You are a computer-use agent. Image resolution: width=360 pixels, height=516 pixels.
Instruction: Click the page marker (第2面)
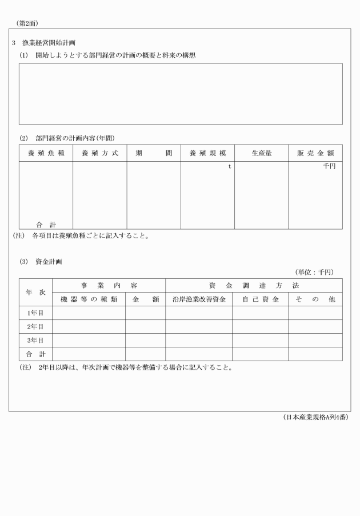click(x=27, y=23)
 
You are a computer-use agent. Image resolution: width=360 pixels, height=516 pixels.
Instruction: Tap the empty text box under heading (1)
click(x=181, y=94)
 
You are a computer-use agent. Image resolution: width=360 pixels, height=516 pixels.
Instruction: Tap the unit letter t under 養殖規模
click(x=230, y=166)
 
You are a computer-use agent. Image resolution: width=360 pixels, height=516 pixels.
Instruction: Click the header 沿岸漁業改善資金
click(x=199, y=299)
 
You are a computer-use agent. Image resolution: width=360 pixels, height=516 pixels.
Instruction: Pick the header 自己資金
click(x=260, y=299)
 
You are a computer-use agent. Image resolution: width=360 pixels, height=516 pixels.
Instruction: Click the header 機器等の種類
click(x=89, y=299)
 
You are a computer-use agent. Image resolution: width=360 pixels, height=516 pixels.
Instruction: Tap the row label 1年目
click(x=35, y=313)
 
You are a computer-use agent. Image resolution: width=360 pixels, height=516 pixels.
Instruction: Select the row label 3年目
click(x=35, y=340)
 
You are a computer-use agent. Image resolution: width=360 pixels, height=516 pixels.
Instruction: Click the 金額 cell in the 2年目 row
click(x=145, y=326)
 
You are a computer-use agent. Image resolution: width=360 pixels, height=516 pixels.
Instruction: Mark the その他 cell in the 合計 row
click(x=315, y=354)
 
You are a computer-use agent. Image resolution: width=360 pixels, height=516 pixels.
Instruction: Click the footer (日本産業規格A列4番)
click(x=315, y=417)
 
